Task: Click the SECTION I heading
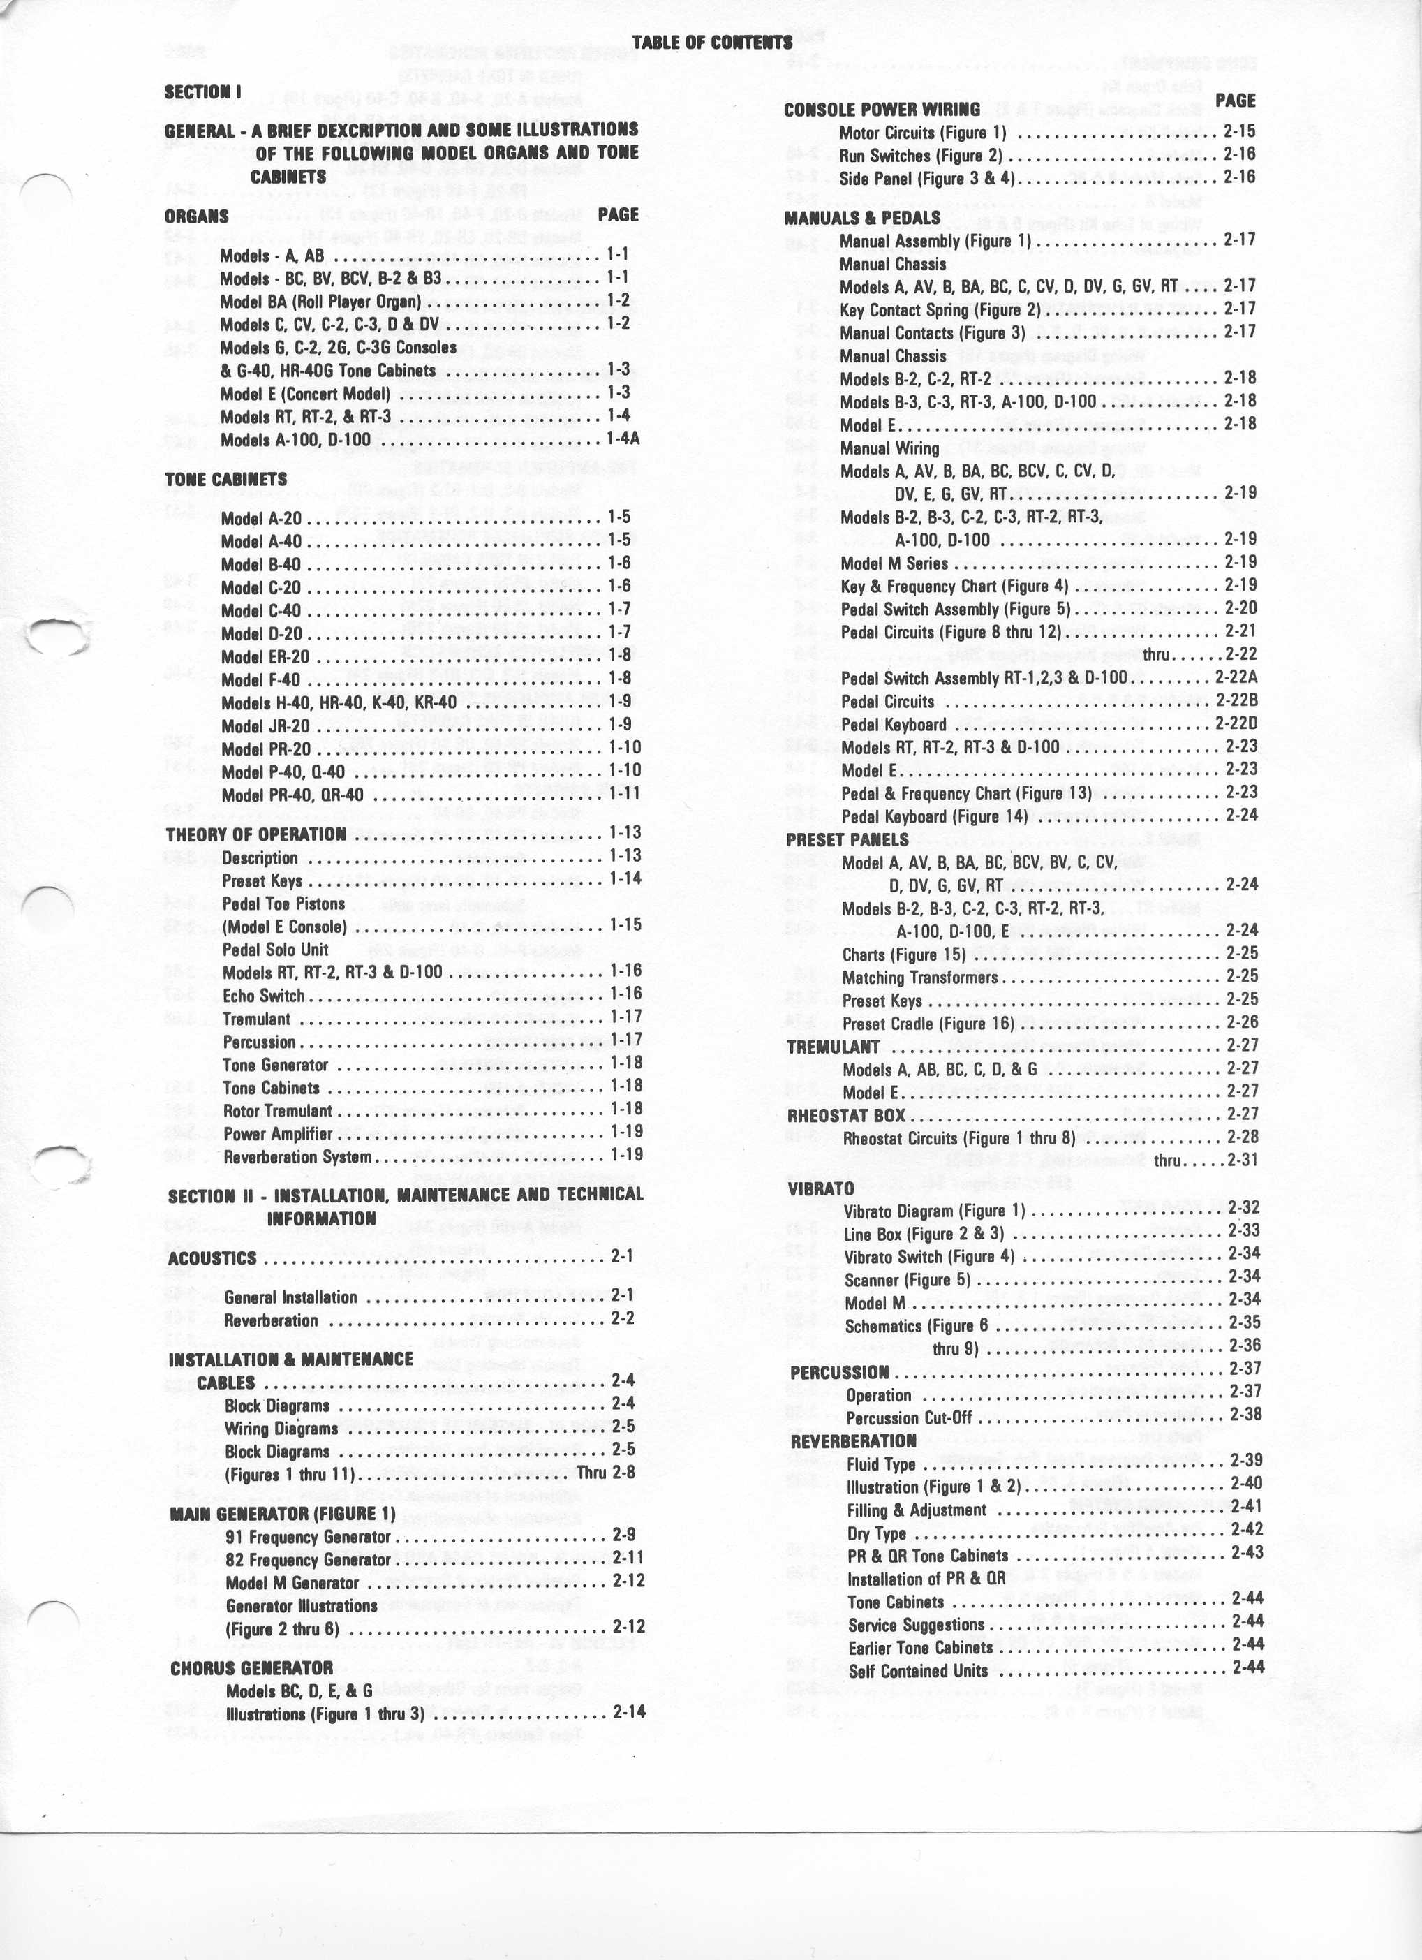click(x=203, y=91)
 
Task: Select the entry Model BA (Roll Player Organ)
click(x=320, y=302)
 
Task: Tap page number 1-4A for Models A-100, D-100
click(x=622, y=438)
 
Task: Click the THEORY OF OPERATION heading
click(x=255, y=834)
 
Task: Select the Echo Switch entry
click(x=263, y=996)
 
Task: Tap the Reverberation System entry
click(x=297, y=1156)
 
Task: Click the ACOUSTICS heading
click(x=212, y=1258)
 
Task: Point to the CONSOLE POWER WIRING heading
click(x=881, y=110)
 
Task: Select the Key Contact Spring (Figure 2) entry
click(x=940, y=309)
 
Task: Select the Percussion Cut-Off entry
click(x=909, y=1418)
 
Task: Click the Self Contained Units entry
click(x=917, y=1670)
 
